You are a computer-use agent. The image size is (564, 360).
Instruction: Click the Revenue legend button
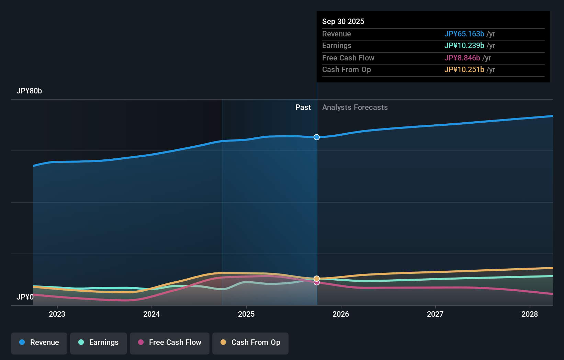point(39,342)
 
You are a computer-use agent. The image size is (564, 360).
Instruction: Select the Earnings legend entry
point(99,342)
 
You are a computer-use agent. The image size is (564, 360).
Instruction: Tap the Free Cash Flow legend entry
point(170,342)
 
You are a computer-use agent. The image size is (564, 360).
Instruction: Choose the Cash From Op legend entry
point(250,342)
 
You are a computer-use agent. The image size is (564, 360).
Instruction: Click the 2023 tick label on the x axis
point(57,314)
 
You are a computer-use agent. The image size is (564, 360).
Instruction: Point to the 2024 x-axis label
point(151,314)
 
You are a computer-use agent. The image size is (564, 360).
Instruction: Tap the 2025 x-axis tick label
point(246,314)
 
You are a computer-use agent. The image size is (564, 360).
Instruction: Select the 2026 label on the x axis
point(341,314)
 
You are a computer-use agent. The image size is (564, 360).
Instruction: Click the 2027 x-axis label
point(435,314)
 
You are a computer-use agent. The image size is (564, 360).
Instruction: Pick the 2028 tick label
point(530,314)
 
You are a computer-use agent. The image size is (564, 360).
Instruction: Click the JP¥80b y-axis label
point(29,91)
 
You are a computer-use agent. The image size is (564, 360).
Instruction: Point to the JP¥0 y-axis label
point(25,297)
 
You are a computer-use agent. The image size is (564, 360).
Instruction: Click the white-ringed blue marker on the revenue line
point(317,137)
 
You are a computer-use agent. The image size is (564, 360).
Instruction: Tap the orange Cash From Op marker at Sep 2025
point(317,278)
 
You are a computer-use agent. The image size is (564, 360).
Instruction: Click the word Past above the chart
point(303,108)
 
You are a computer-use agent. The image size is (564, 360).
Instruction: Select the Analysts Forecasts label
point(355,108)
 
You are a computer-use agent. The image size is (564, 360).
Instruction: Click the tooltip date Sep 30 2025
point(343,21)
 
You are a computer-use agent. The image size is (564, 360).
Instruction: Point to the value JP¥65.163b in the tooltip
point(464,34)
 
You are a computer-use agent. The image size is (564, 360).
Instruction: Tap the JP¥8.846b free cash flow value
point(462,58)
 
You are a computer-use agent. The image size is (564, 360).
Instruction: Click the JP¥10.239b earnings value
point(464,46)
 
